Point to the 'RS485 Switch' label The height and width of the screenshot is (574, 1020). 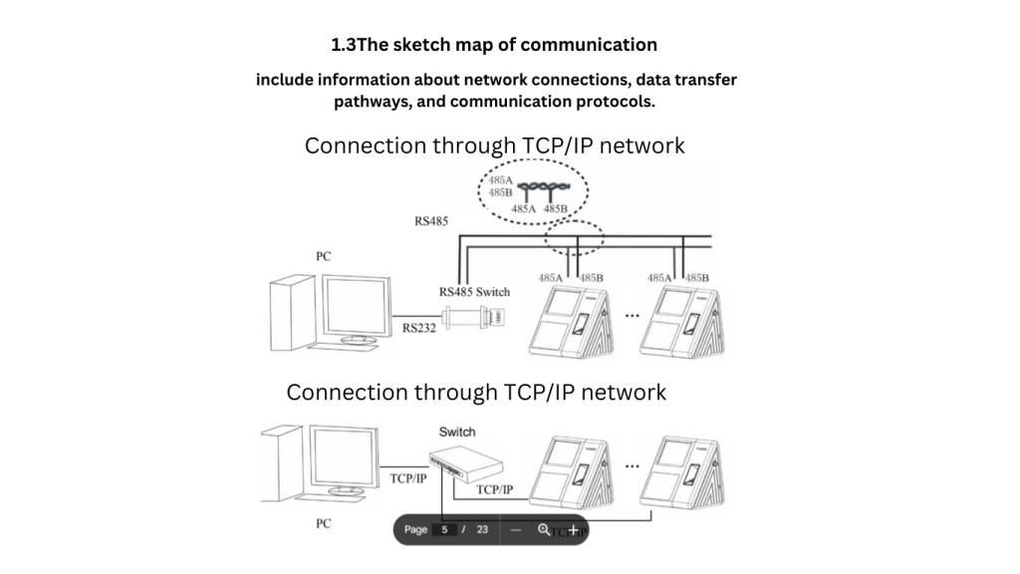pos(474,292)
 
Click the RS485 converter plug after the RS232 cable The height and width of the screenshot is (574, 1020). pos(477,317)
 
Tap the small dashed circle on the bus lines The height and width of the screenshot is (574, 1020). pos(574,238)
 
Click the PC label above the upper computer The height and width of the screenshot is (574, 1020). pos(323,256)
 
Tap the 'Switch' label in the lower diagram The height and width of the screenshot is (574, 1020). pos(457,432)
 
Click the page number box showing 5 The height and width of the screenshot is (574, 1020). pos(445,530)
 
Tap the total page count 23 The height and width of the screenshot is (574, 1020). pos(482,530)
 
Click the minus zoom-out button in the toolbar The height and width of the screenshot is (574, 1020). pos(516,530)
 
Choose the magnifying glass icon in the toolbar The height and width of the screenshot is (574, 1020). pos(544,530)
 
